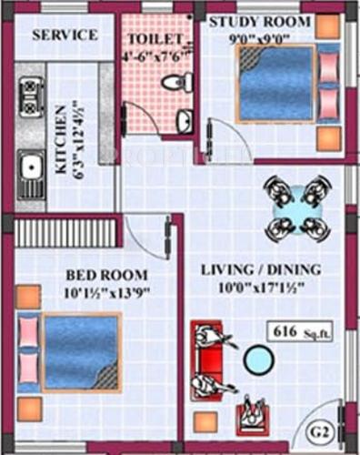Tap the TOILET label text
(155, 40)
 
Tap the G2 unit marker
(318, 430)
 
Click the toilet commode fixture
(175, 83)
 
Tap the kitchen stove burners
(28, 90)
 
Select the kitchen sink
(29, 167)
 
